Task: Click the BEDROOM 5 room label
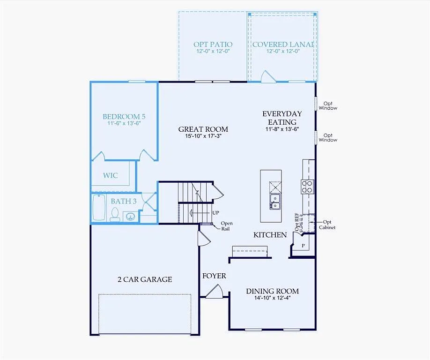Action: tap(121, 117)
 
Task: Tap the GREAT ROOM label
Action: tap(203, 129)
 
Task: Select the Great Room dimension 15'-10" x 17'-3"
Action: tap(203, 136)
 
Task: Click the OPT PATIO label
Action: tap(213, 45)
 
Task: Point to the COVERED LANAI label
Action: tap(282, 45)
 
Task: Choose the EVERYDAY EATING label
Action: tap(282, 117)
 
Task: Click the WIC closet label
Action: tap(111, 176)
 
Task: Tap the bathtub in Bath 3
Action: tap(99, 208)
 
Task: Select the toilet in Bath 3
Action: tap(115, 214)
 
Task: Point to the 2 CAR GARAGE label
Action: tap(144, 279)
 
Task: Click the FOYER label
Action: tap(214, 276)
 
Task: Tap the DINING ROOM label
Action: tap(272, 291)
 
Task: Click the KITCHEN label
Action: tap(270, 235)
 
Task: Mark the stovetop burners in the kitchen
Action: tap(307, 187)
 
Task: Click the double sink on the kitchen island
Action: tap(275, 202)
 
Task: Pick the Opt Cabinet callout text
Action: tap(327, 225)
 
